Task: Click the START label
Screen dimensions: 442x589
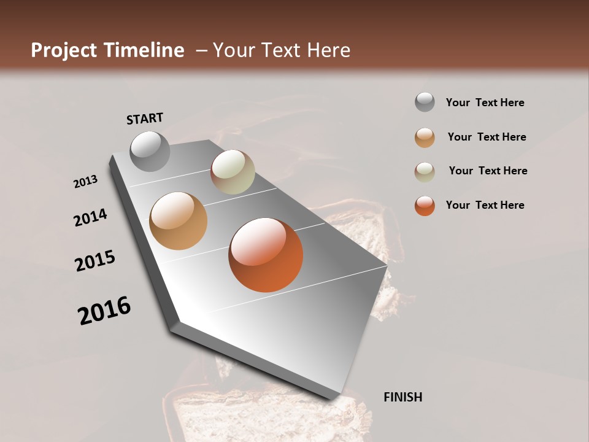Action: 145,118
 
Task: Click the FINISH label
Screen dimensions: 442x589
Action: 402,397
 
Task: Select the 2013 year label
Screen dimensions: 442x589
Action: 86,182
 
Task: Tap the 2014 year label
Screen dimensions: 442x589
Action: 91,217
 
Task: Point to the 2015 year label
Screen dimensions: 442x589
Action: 95,261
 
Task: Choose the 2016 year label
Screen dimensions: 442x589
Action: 104,311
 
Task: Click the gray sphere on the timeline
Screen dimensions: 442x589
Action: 150,151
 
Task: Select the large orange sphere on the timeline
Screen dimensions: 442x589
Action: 266,255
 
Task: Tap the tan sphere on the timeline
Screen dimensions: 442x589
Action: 178,221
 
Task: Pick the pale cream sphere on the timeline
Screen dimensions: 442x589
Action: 233,172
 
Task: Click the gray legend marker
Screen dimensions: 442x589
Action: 425,103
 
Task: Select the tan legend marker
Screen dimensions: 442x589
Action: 425,138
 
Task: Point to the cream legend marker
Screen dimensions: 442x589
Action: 425,171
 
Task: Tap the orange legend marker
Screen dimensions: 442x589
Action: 425,206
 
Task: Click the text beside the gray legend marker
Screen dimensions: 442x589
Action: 485,103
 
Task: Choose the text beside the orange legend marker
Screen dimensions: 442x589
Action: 485,205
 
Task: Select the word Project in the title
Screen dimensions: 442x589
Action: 64,50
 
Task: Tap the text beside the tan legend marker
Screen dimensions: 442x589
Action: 487,137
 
